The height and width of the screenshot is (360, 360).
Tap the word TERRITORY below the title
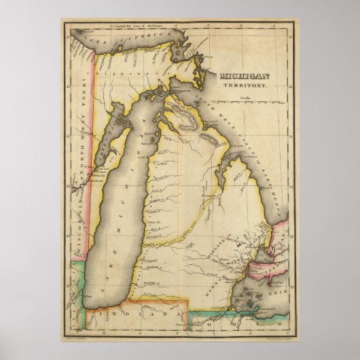coord(248,88)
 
